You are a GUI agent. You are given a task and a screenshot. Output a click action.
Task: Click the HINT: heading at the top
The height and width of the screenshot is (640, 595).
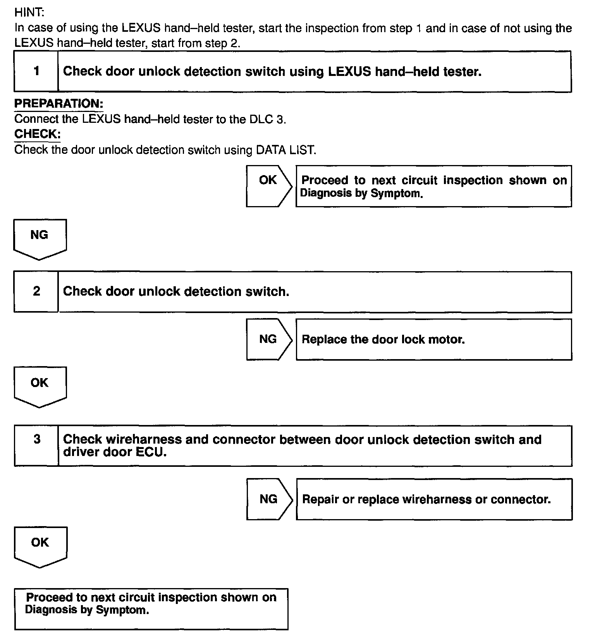[29, 12]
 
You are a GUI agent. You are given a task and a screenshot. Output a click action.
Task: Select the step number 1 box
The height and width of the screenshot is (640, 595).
[36, 71]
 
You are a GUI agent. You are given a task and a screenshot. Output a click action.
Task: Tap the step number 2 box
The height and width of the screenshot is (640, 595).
[36, 291]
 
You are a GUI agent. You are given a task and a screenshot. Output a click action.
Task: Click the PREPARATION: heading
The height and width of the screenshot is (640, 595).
[58, 104]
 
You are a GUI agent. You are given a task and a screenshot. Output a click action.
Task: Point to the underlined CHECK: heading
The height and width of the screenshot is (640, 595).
[37, 134]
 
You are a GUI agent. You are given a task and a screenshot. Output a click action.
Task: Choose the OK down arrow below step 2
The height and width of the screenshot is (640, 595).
[40, 386]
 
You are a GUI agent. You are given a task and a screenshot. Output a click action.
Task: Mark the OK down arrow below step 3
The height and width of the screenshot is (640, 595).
[40, 545]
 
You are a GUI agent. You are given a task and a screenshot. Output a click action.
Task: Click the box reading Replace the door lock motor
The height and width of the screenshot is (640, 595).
[433, 339]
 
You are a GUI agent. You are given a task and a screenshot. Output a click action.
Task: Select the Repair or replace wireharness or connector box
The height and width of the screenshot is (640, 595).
[434, 499]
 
